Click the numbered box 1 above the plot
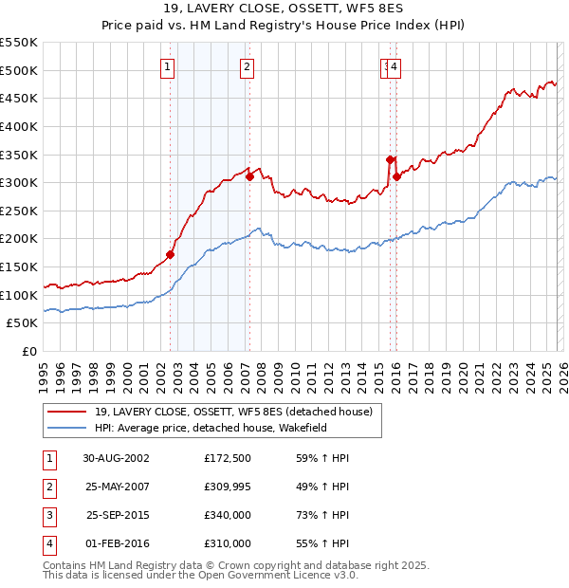point(167,66)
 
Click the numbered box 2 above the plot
point(247,66)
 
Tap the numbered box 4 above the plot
point(394,66)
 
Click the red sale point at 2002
point(171,254)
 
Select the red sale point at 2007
point(249,175)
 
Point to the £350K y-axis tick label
point(19,155)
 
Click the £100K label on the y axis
point(19,295)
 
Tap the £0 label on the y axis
point(28,351)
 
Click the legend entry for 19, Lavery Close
point(233,412)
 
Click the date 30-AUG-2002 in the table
point(116,458)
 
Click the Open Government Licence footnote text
point(201,575)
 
